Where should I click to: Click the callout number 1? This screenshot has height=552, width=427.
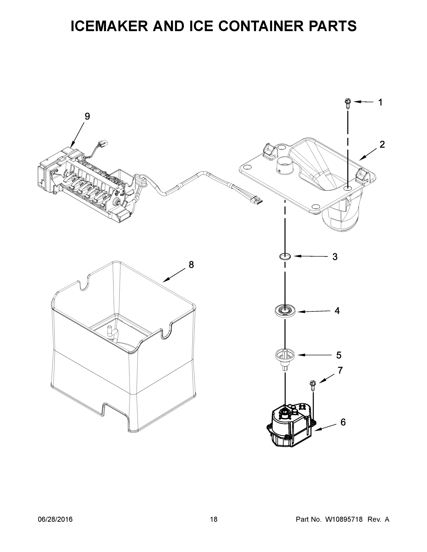pos(380,102)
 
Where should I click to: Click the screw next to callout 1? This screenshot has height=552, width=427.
pos(348,104)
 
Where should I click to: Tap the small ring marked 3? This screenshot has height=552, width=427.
pos(285,256)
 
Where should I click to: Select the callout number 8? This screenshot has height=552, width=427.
pos(191,265)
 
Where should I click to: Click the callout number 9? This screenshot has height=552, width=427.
pos(87,117)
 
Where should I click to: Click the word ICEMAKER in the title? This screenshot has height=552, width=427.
pos(109,26)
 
